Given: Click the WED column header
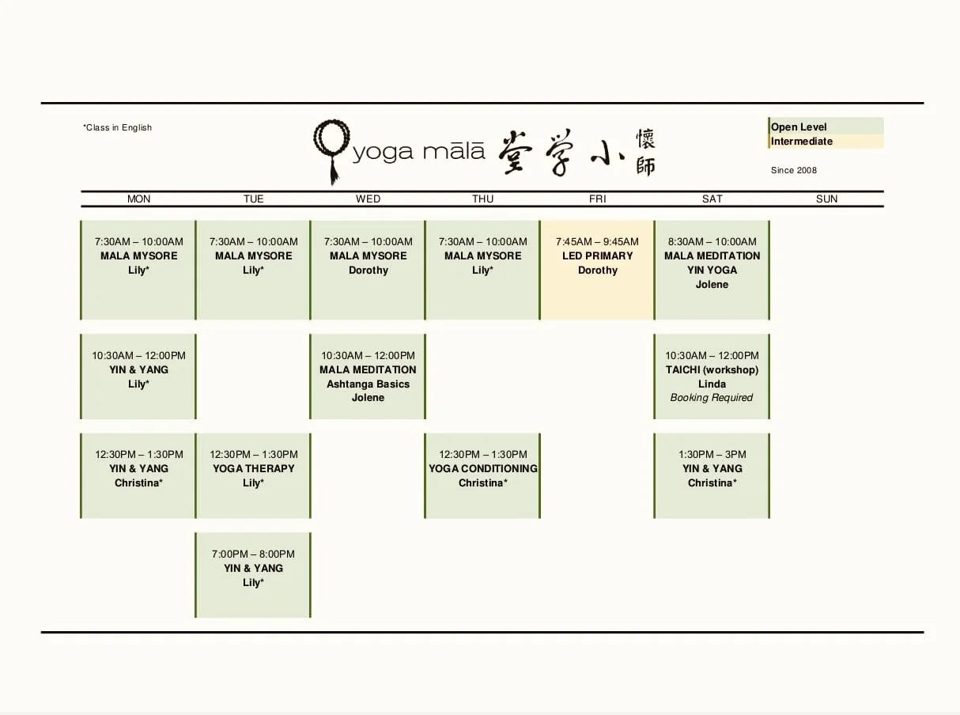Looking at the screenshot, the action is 368,199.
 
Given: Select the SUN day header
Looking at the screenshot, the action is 826,199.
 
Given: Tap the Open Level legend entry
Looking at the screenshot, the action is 799,127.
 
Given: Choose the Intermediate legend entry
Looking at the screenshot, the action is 802,142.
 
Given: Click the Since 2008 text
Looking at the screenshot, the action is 794,170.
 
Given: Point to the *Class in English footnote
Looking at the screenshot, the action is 118,127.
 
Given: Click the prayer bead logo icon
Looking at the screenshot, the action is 330,149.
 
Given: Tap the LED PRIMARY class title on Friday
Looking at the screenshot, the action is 598,255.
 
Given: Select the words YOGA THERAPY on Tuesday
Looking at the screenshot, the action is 254,468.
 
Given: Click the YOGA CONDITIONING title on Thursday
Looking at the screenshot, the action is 483,468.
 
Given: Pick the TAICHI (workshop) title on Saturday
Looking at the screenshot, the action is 712,369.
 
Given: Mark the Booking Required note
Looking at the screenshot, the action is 712,398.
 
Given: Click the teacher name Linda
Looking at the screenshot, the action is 712,384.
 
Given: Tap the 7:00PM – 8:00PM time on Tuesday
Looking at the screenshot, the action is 254,554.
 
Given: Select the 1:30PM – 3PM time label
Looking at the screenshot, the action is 712,454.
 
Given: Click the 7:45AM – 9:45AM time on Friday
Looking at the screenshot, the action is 598,241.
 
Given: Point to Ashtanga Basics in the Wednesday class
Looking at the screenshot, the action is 369,384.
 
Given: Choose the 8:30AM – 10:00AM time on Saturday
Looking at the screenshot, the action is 712,241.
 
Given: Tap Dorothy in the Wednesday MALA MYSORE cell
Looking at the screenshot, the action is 369,270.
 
